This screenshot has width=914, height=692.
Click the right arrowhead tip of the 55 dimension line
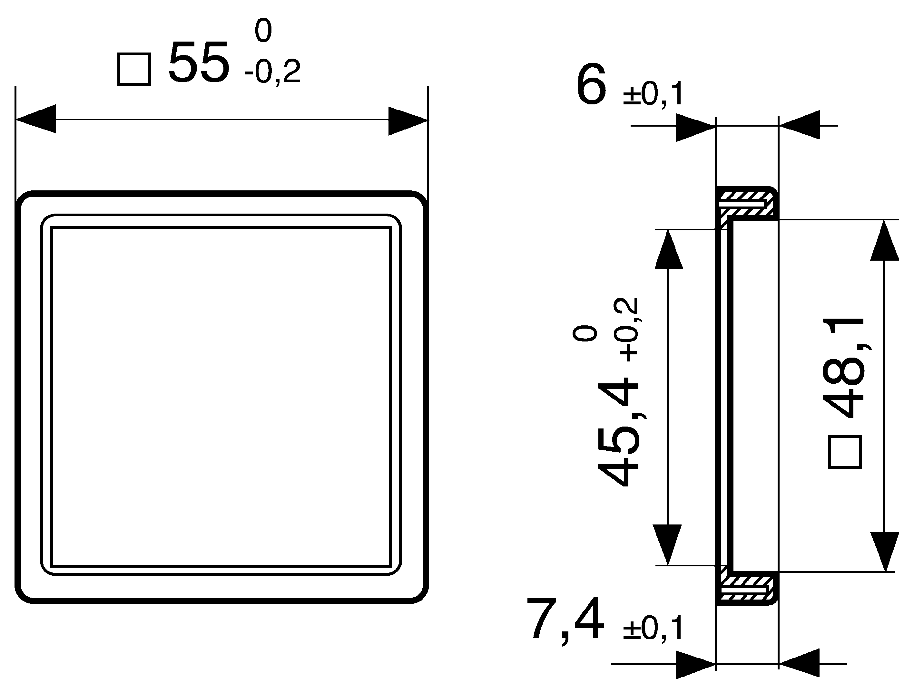[x=428, y=120]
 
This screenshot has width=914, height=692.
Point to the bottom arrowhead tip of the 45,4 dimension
[x=667, y=565]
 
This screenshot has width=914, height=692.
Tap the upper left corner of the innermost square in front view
[x=51, y=227]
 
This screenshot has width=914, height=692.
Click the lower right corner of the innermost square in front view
[x=391, y=566]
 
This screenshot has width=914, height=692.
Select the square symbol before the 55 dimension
[x=134, y=69]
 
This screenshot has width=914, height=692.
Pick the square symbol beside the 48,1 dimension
[x=845, y=452]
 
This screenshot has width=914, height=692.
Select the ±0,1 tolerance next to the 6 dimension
[x=653, y=95]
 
